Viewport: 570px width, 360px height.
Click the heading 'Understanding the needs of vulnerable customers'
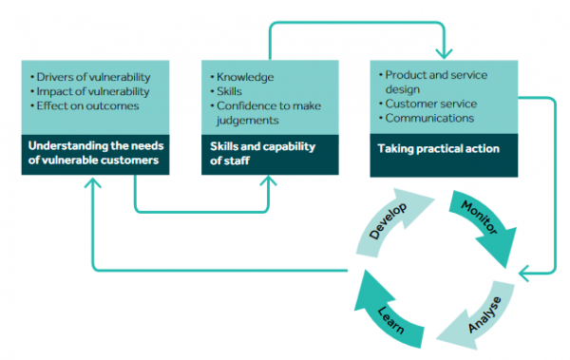pos(91,155)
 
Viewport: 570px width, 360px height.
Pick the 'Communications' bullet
pos(429,118)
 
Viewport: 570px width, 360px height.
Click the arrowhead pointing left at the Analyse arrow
pos(525,273)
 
